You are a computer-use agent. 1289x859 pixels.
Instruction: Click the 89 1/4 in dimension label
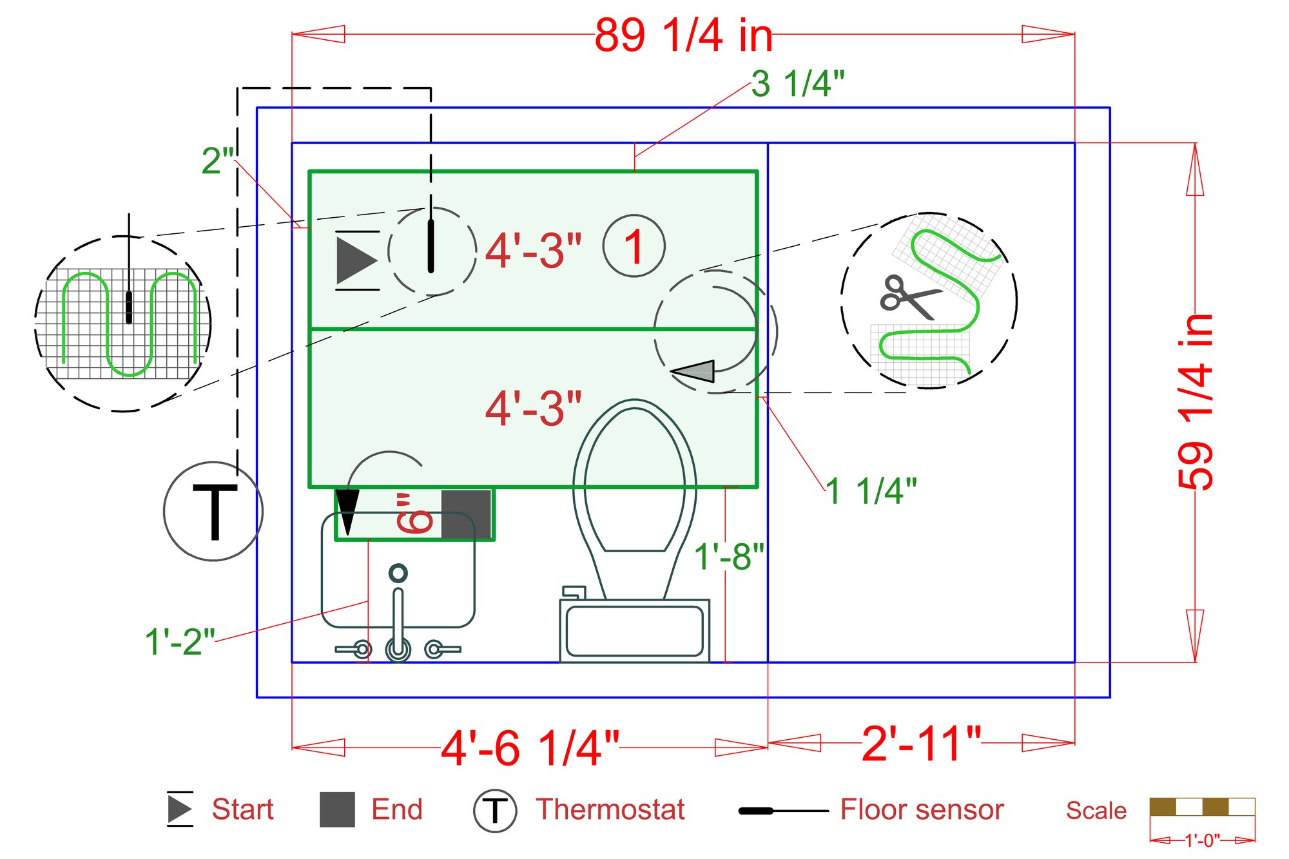(683, 35)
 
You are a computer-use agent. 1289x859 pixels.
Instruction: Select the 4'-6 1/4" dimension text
(530, 748)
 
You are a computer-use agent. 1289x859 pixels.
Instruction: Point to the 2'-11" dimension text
(921, 744)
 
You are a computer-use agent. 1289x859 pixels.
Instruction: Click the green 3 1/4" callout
(797, 84)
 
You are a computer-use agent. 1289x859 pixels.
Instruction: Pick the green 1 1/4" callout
(871, 491)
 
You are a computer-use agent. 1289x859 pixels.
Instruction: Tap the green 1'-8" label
(728, 556)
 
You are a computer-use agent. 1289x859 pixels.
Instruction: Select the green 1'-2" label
(180, 642)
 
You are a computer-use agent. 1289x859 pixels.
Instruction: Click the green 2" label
(217, 160)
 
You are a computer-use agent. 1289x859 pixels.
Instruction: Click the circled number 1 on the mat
(634, 246)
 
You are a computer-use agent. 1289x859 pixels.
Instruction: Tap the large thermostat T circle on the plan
(213, 511)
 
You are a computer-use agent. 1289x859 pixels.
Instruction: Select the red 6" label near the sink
(414, 514)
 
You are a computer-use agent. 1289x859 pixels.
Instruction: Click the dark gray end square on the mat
(466, 514)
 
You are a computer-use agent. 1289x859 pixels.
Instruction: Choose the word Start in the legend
(242, 809)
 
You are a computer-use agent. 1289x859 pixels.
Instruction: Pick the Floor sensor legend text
(922, 809)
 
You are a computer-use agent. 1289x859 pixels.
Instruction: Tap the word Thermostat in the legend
(610, 809)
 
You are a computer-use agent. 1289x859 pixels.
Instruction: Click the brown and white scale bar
(1202, 807)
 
